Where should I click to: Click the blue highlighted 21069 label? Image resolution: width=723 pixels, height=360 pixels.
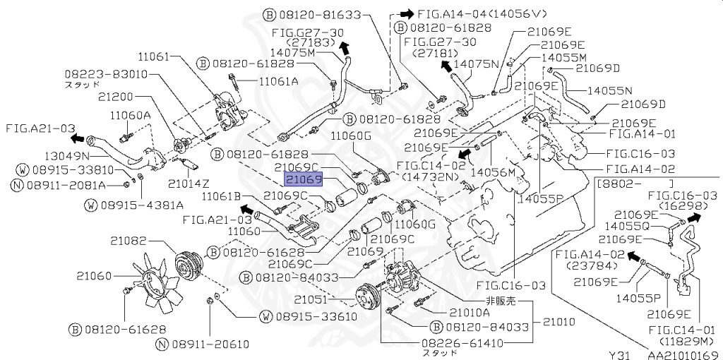(x=304, y=181)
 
